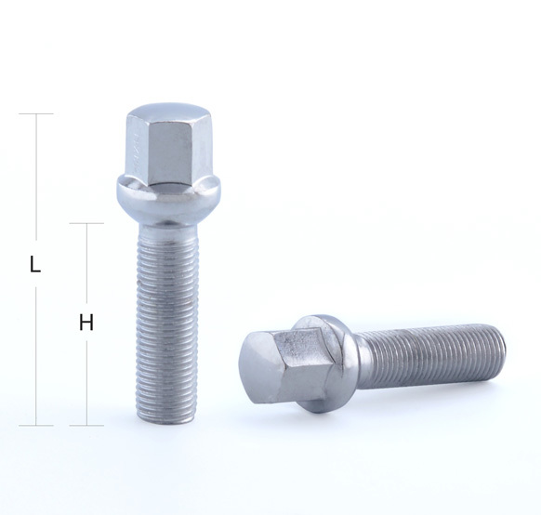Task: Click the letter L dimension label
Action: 35,264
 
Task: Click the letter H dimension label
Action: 86,323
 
